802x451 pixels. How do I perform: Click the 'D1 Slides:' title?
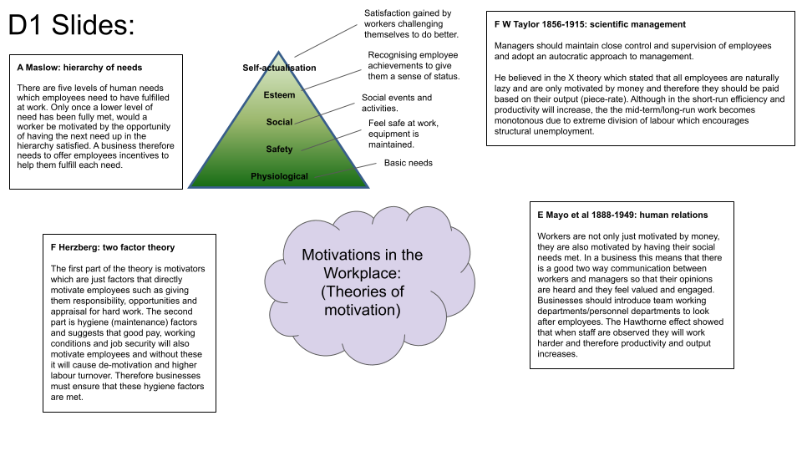click(x=71, y=25)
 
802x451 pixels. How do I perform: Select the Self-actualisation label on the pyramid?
click(x=279, y=68)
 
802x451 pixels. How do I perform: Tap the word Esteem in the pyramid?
click(x=279, y=95)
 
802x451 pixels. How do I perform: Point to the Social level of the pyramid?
click(x=279, y=122)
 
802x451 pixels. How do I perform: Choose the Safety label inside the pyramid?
click(x=279, y=149)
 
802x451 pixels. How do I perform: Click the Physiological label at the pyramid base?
click(x=279, y=176)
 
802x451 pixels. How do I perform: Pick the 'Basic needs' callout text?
click(x=408, y=163)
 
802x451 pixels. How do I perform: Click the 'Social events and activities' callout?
click(x=397, y=103)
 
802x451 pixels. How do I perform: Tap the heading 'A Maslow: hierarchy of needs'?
click(x=79, y=68)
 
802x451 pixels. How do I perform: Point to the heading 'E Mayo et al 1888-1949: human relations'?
click(x=622, y=215)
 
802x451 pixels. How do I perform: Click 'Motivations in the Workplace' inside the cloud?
click(x=362, y=264)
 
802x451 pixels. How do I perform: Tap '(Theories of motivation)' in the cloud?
click(x=362, y=301)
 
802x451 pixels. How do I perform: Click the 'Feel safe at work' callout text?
click(x=403, y=124)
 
